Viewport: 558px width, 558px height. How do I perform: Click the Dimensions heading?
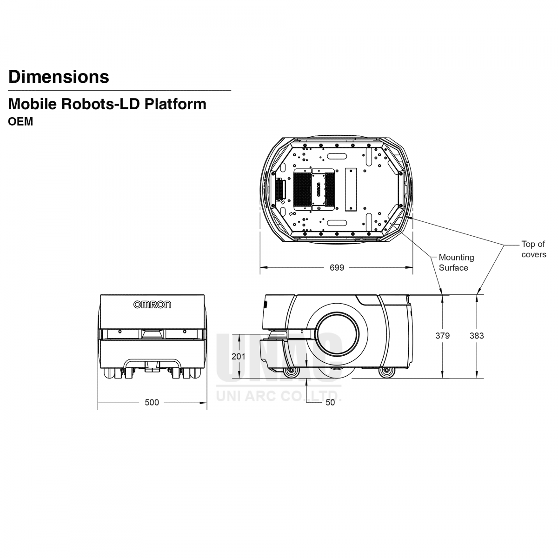coord(59,77)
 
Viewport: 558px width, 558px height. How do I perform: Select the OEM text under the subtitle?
coord(21,122)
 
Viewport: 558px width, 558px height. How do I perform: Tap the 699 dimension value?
coord(337,268)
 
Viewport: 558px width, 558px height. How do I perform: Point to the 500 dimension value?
coord(152,403)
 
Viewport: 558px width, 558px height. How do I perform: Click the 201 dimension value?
coord(239,356)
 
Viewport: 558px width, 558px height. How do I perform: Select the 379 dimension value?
coord(442,336)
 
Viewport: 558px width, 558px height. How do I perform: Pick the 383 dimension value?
coord(477,336)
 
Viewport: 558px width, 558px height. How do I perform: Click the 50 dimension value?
coord(330,403)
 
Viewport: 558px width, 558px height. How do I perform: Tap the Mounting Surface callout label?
coord(456,262)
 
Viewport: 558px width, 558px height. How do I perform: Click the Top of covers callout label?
coord(533,249)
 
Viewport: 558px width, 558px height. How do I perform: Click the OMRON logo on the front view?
coord(152,305)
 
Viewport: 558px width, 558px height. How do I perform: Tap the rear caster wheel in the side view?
coord(385,372)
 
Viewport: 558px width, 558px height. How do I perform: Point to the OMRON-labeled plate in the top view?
coord(319,189)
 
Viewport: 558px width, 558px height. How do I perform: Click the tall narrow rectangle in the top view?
coord(350,189)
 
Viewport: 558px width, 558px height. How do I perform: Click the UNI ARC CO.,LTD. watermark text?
coord(279,397)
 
